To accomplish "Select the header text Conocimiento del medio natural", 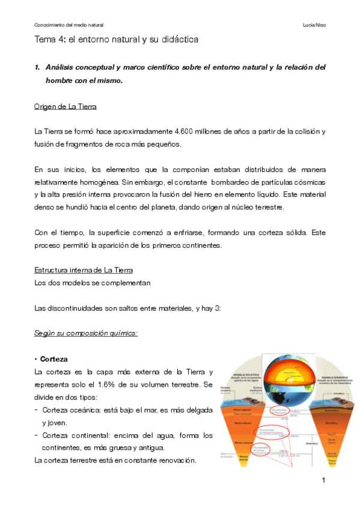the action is coord(69,25).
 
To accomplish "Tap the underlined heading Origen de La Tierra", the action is coord(66,107).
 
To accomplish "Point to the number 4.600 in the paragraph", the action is coord(184,131).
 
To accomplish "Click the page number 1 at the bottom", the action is coord(323,480).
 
